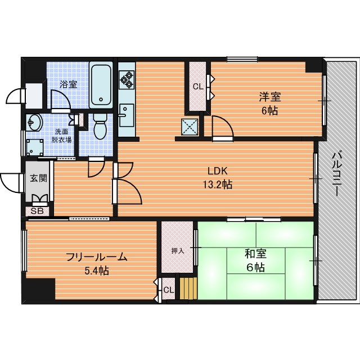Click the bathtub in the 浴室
pos(101,85)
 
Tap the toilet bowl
pos(100,127)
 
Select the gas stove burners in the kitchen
pos(127,80)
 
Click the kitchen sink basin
pos(127,115)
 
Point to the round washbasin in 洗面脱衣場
pos(34,122)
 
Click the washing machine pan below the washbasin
pos(35,147)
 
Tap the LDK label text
pos(217,171)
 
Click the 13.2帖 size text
pos(217,184)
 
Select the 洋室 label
pos(270,97)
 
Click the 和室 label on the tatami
pos(255,254)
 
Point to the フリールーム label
pos(97,257)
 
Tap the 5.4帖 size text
pos(97,271)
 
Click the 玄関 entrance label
pos(39,178)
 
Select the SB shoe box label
pos(37,211)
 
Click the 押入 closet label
pos(178,251)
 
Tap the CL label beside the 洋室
pos(198,87)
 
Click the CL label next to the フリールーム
pos(169,290)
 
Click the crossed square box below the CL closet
pos(190,127)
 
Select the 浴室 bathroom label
pos(68,84)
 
